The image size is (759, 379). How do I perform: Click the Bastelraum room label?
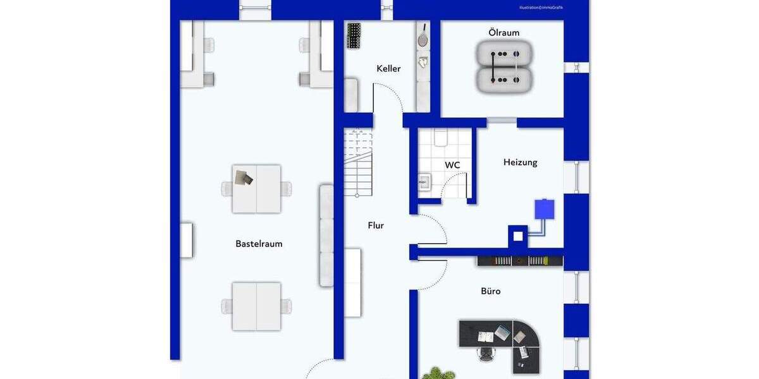pyautogui.click(x=259, y=244)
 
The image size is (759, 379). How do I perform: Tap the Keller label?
pyautogui.click(x=388, y=68)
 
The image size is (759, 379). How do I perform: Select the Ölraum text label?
pyautogui.click(x=504, y=32)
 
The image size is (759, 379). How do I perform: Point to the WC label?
pyautogui.click(x=452, y=165)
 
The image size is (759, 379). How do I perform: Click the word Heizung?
pyautogui.click(x=520, y=162)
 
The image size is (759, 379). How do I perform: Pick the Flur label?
pyautogui.click(x=376, y=225)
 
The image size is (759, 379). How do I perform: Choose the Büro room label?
pyautogui.click(x=490, y=291)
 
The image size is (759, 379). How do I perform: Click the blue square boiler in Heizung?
pyautogui.click(x=544, y=209)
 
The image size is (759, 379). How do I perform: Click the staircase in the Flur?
pyautogui.click(x=358, y=162)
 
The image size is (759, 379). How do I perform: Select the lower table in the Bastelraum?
pyautogui.click(x=256, y=306)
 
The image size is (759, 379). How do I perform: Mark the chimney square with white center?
pyautogui.click(x=518, y=236)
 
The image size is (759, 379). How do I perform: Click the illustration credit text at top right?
pyautogui.click(x=541, y=8)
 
